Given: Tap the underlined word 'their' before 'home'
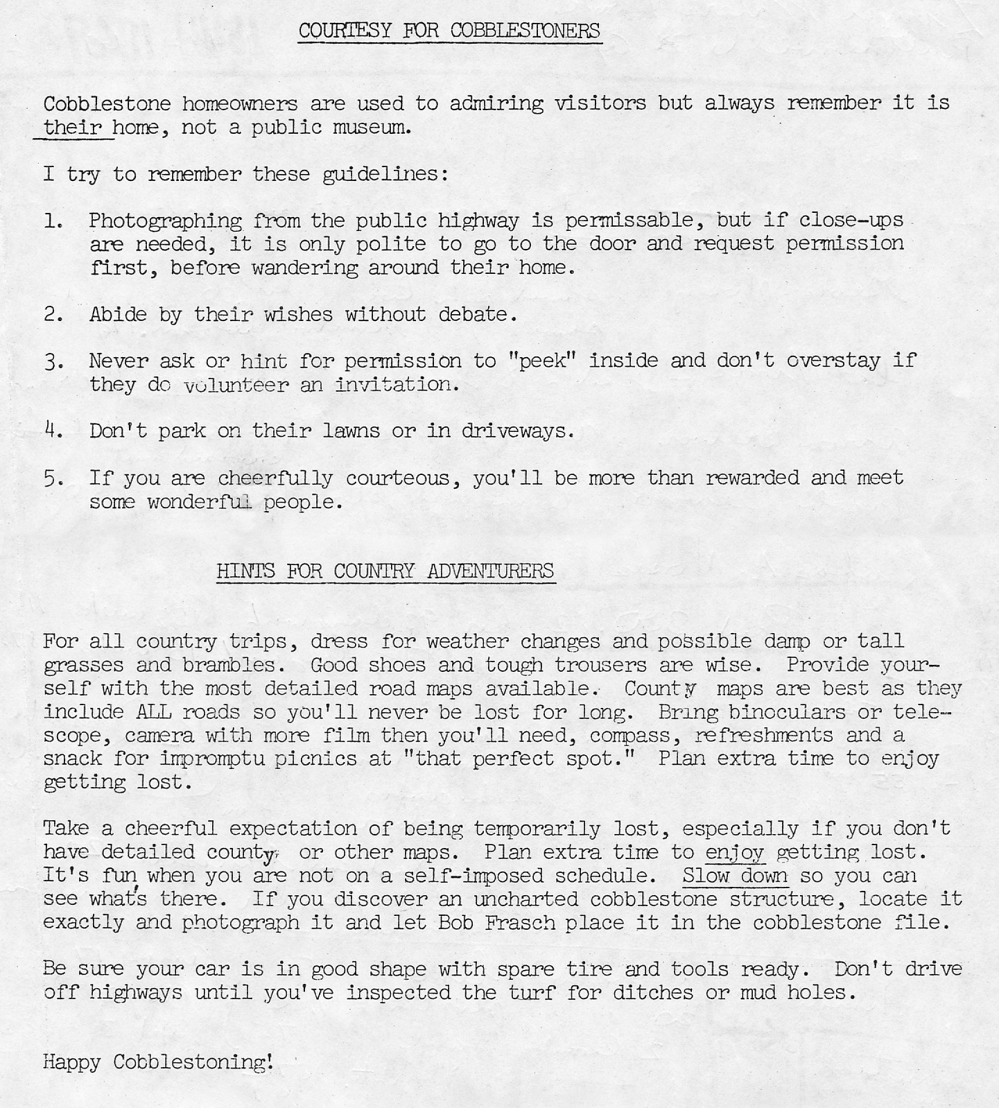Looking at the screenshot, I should (72, 128).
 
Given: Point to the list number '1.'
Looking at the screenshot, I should (54, 220).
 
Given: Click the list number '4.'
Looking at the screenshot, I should (54, 431).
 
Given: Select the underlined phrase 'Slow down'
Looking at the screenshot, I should (735, 876).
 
